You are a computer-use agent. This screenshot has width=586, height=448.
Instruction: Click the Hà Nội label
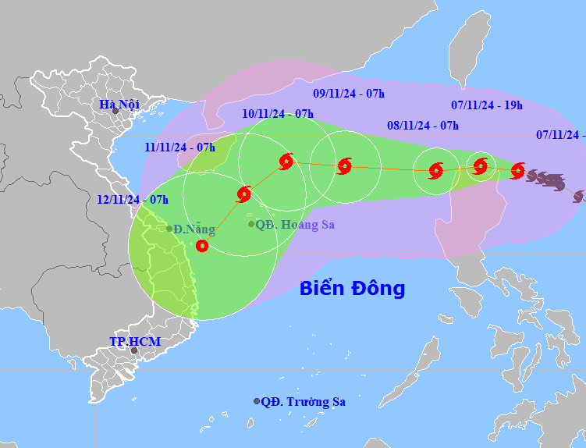[119, 104]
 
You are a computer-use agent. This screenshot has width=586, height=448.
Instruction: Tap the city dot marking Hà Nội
[115, 112]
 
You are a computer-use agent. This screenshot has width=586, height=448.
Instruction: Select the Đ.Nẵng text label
[194, 229]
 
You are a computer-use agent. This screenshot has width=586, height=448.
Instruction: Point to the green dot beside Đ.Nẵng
[169, 229]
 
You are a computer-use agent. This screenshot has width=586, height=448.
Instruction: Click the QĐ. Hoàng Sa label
[294, 225]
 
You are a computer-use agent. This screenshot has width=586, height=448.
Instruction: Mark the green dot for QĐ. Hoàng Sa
[251, 225]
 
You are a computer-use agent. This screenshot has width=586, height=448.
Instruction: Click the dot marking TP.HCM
[133, 350]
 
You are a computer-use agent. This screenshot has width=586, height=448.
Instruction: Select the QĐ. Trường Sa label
[303, 402]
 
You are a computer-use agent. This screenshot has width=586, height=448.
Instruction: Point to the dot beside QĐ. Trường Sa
[257, 401]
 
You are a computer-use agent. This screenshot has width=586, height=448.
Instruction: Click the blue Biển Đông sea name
[352, 289]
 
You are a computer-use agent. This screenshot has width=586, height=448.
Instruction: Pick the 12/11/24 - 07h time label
[133, 200]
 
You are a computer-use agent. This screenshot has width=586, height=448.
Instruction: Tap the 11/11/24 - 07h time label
[180, 147]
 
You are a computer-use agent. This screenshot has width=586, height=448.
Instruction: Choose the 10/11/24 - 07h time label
[278, 114]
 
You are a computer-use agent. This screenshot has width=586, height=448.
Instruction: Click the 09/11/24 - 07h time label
[349, 94]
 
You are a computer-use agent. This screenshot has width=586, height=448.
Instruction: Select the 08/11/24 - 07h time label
[423, 126]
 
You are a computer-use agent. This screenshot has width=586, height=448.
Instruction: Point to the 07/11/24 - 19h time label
[487, 105]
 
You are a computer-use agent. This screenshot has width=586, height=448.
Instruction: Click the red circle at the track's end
[202, 246]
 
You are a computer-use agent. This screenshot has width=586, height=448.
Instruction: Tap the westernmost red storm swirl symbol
[243, 194]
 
